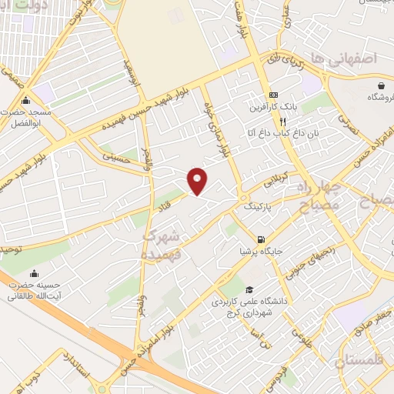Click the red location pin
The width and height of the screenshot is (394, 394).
coord(198,180)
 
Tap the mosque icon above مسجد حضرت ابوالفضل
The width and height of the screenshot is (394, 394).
coord(26,100)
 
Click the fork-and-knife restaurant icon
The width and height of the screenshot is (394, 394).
coord(283,121)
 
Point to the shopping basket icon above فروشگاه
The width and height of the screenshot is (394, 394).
coord(382,84)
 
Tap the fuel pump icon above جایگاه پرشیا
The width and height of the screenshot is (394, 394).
coord(262,239)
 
